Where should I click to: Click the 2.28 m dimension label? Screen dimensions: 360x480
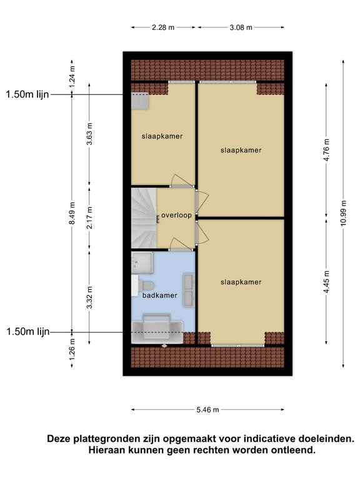click(x=163, y=27)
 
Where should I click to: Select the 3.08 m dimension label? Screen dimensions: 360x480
click(x=241, y=27)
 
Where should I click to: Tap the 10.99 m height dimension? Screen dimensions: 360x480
click(x=344, y=213)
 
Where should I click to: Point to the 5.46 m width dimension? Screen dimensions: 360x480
click(x=207, y=409)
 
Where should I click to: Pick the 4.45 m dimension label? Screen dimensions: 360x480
click(x=327, y=282)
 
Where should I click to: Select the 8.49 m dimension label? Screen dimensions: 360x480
click(x=72, y=213)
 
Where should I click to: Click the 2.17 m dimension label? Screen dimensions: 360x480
click(x=89, y=217)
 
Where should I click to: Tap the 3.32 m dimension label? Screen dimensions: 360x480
click(x=89, y=297)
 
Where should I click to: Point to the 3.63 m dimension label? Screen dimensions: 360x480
click(x=89, y=134)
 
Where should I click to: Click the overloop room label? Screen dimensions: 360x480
click(x=176, y=215)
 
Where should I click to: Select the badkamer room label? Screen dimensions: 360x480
click(x=160, y=296)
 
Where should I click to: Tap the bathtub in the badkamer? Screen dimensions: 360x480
click(x=157, y=331)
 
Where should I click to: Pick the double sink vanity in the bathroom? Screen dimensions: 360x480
click(x=189, y=290)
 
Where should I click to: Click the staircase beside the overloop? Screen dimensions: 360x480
click(x=144, y=218)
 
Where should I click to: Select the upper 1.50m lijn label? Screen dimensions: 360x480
click(x=27, y=94)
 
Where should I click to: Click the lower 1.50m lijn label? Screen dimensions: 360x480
click(x=28, y=331)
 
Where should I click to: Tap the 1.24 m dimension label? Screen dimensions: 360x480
click(x=72, y=77)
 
